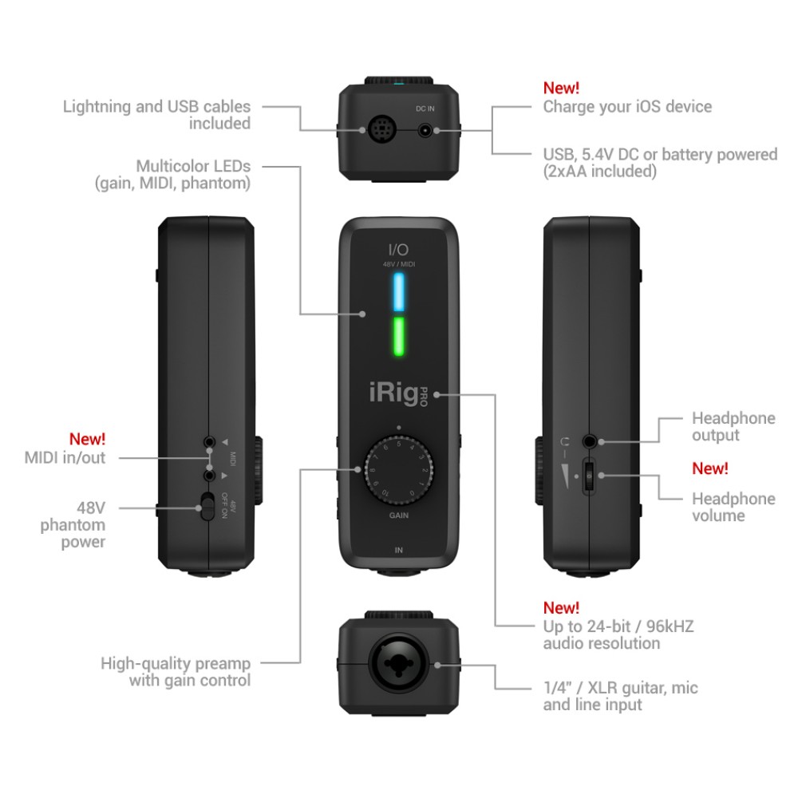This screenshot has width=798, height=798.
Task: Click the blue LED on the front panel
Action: (398, 292)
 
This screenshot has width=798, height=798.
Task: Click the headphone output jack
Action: (590, 440)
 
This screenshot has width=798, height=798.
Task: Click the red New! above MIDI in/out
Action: (87, 439)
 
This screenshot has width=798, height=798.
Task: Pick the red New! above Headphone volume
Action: (709, 468)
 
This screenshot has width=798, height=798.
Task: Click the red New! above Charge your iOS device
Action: (561, 88)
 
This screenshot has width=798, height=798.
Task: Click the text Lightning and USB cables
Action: (156, 106)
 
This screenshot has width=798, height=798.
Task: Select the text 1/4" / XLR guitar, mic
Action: (621, 688)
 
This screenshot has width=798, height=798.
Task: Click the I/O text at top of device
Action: (398, 249)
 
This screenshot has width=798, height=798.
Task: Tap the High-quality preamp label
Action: (176, 663)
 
